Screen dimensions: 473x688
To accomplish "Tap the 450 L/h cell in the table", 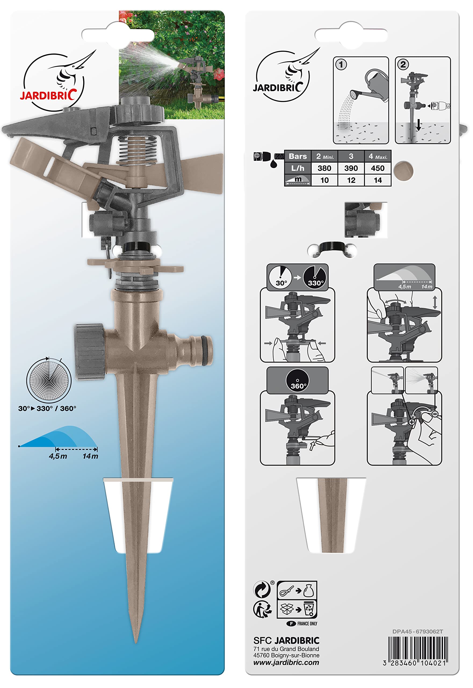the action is [378, 168].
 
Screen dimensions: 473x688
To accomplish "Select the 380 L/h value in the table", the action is [324, 168].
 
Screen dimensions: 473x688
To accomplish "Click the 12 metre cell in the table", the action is [351, 180].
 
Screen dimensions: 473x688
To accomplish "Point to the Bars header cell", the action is [298, 156].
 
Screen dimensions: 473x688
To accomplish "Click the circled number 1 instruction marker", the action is [341, 64].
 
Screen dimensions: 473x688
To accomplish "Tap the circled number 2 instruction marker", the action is [403, 64].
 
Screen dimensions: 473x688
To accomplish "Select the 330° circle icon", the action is [315, 277].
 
